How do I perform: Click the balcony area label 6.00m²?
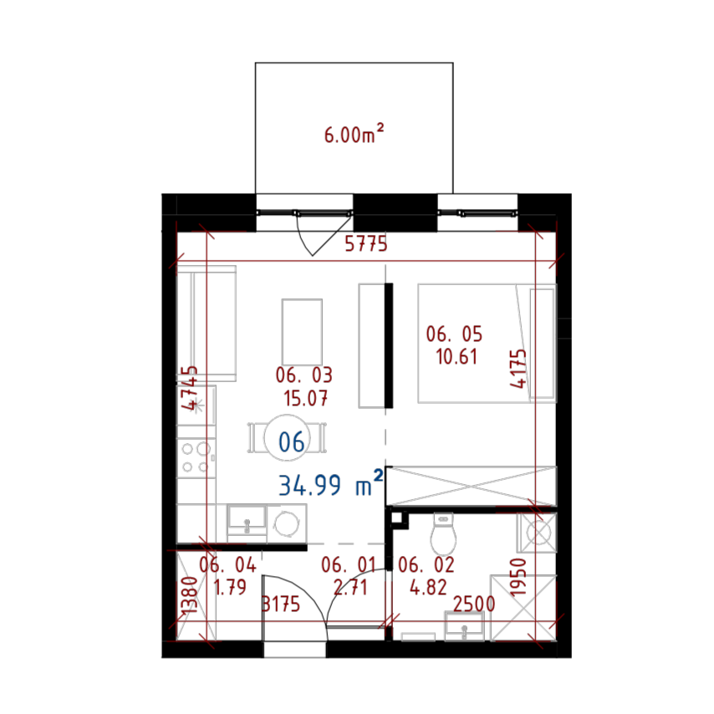(x=354, y=134)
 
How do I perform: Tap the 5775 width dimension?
(x=365, y=244)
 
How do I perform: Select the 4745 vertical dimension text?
(x=190, y=388)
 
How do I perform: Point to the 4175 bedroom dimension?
(x=518, y=369)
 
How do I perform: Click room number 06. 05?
(x=454, y=334)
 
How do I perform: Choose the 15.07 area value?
(x=305, y=398)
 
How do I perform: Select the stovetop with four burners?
(x=196, y=457)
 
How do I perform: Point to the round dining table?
(x=287, y=438)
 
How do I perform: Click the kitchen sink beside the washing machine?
(x=247, y=523)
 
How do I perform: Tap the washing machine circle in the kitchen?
(x=287, y=523)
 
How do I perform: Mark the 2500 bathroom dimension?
(x=473, y=604)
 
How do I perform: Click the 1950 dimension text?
(x=518, y=577)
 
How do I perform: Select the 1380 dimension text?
(x=188, y=594)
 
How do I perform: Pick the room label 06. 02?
(x=426, y=564)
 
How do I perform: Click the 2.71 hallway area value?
(x=349, y=588)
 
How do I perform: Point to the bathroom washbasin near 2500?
(x=464, y=626)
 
